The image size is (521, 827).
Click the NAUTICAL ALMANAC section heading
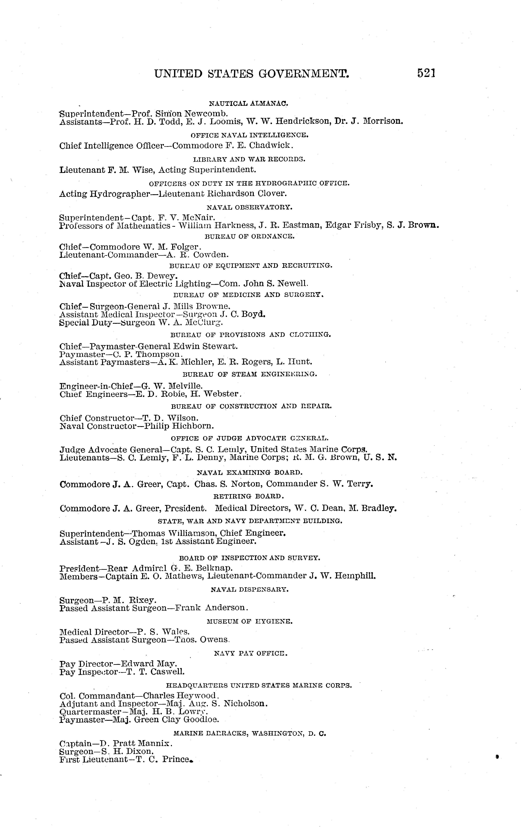point(248,103)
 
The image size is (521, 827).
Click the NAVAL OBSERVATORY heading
point(249,207)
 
